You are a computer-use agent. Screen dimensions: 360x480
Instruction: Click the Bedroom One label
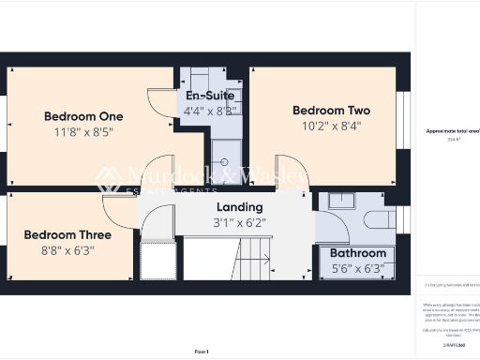[83, 116]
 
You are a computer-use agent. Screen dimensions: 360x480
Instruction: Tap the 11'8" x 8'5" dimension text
[83, 132]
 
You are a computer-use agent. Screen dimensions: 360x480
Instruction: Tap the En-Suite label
[210, 97]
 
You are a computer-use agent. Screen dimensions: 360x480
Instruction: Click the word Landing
[239, 207]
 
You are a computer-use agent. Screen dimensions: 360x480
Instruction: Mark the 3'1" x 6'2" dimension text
[239, 223]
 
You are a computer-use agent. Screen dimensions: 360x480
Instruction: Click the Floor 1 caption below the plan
[202, 351]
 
